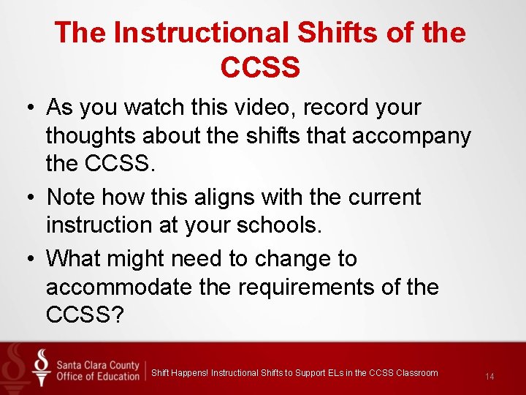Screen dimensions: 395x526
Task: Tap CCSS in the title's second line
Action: click(259, 67)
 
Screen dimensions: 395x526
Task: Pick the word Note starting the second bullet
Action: click(71, 197)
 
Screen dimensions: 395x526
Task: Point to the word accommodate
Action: click(119, 287)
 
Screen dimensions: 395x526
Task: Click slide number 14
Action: click(489, 377)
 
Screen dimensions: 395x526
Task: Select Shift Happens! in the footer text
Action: click(180, 373)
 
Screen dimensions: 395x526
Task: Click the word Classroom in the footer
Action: click(417, 373)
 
